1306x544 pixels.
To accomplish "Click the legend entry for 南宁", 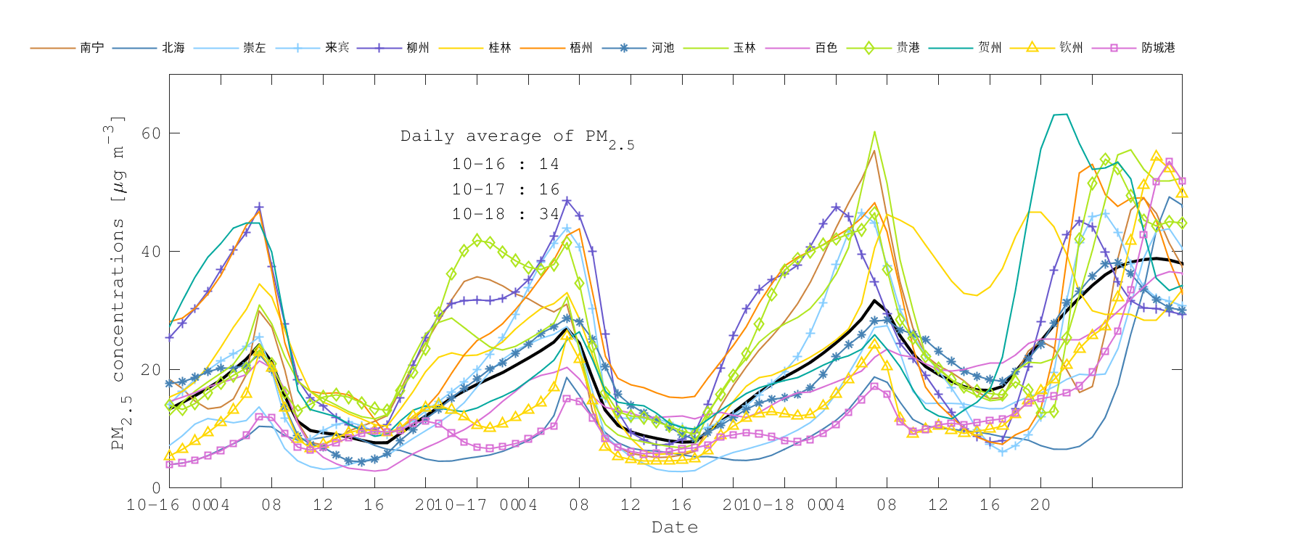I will [x=92, y=48].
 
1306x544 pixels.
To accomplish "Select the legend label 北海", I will [x=173, y=48].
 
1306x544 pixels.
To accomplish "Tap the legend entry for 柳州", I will [x=418, y=48].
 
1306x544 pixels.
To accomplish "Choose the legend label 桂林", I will [x=500, y=48].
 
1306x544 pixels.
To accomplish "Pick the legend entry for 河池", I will [x=662, y=48].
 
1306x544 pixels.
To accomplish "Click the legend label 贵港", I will [x=908, y=48].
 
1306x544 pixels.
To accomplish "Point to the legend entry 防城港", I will [x=1158, y=48].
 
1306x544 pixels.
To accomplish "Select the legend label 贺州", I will [x=990, y=48].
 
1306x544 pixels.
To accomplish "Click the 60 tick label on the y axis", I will [x=151, y=133].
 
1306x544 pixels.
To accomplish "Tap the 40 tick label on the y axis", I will [x=151, y=252].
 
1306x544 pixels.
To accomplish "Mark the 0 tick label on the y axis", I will [x=156, y=488].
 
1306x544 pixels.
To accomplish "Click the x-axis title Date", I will [x=675, y=527].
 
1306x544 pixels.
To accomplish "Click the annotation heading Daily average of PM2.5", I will [x=517, y=137].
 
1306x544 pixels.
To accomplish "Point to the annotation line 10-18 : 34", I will [x=505, y=214].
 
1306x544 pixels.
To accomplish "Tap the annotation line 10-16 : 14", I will [x=505, y=164].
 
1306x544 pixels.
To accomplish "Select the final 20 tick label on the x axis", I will [x=1040, y=505].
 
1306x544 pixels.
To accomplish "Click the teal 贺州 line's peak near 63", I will [x=1060, y=115].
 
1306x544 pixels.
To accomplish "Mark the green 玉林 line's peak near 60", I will [x=874, y=132].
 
